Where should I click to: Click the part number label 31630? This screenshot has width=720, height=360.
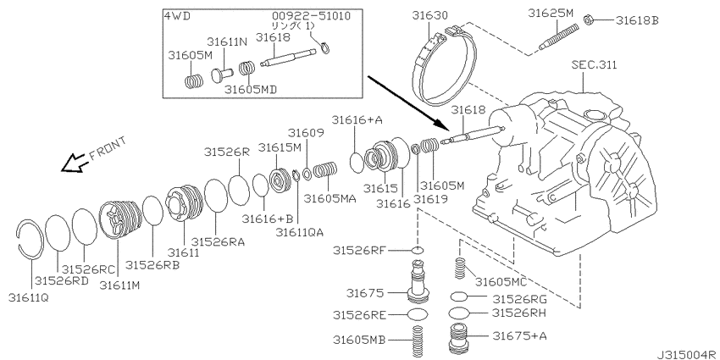(x=428, y=15)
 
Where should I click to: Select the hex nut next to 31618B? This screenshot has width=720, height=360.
(x=587, y=19)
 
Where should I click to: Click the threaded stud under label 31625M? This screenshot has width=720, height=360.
(x=557, y=36)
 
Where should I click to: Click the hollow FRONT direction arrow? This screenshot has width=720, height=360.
(x=74, y=163)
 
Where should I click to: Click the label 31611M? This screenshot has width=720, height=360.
(x=119, y=285)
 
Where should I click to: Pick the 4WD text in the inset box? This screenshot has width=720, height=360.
(x=177, y=16)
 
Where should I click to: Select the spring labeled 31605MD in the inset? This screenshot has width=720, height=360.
(x=247, y=69)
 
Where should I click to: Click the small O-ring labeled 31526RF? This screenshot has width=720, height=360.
(x=418, y=250)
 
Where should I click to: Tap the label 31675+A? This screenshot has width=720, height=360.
(x=520, y=335)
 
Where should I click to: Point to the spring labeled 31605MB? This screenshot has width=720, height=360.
(x=417, y=341)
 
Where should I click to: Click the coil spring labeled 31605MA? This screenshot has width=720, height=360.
(x=325, y=171)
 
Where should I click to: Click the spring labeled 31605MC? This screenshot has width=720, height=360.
(x=460, y=269)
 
